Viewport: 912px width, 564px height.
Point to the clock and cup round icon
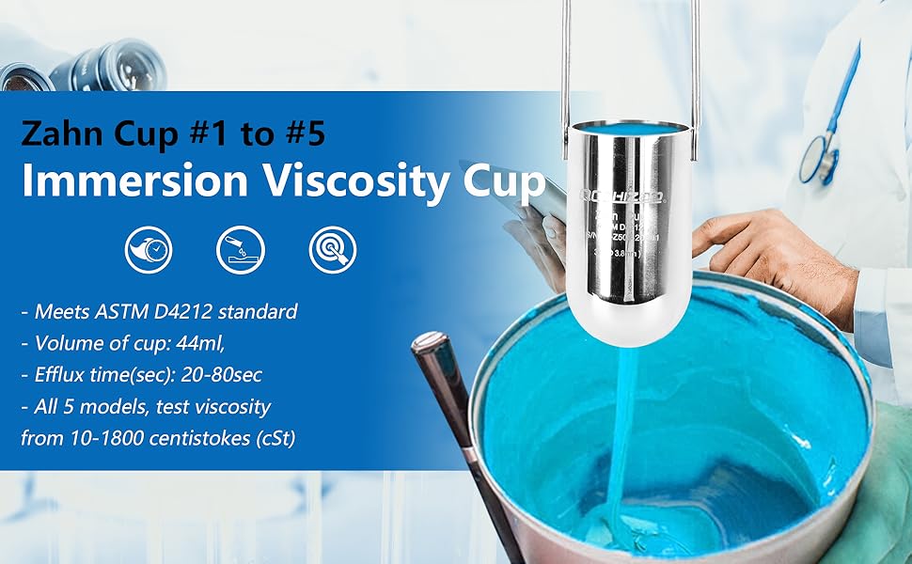point(149,249)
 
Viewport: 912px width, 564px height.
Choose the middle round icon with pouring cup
point(240,249)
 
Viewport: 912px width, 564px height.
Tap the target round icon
point(332,249)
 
